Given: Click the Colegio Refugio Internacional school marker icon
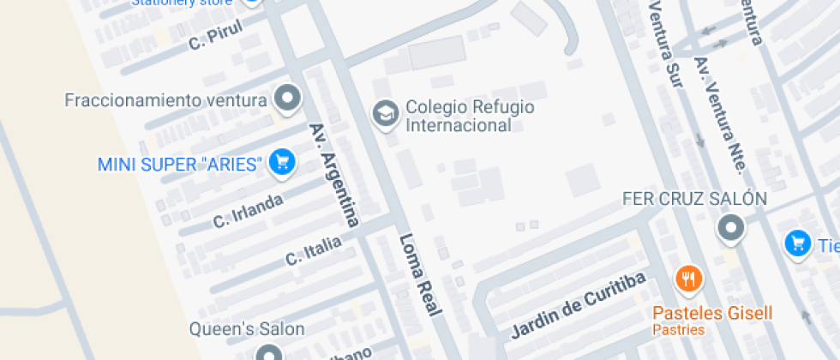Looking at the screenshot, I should click(385, 114).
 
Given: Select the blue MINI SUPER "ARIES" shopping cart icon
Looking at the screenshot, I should click(281, 162).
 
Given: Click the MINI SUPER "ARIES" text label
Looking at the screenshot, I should click(179, 164).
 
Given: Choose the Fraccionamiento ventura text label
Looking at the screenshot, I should click(165, 100).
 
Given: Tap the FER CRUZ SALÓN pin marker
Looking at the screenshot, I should click(730, 228).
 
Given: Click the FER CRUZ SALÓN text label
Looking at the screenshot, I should click(693, 199).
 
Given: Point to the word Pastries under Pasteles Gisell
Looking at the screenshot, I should click(678, 330).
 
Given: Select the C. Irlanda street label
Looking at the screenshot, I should click(248, 211).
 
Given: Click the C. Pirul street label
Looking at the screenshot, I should click(216, 33).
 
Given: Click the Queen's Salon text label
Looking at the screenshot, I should click(247, 328).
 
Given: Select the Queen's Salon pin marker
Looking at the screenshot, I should click(268, 353).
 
